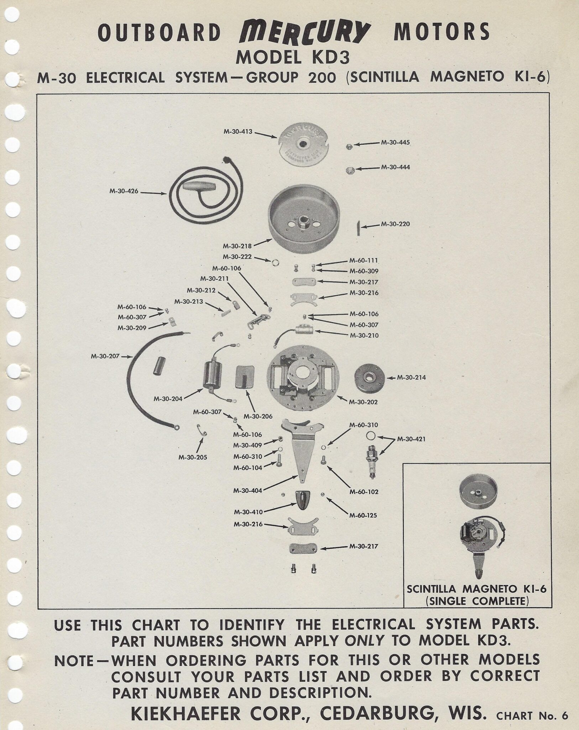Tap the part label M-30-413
[238, 132]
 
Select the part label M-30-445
[395, 142]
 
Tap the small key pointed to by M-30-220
[359, 227]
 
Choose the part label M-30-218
[237, 246]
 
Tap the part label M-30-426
[124, 191]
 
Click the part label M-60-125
[363, 515]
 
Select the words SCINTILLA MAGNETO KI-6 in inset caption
[476, 589]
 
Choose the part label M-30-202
[363, 402]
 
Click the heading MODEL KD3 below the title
[293, 57]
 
